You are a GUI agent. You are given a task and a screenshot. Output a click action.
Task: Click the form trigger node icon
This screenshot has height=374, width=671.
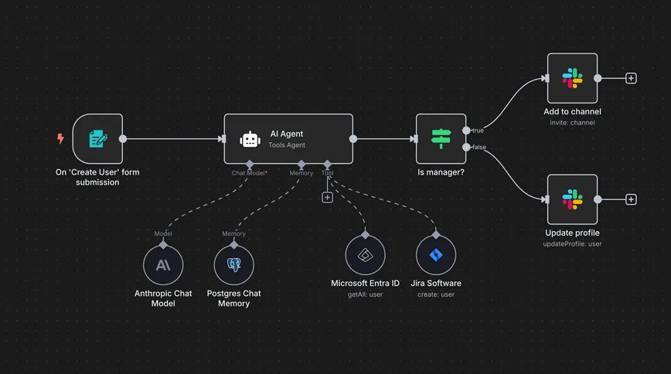(98, 139)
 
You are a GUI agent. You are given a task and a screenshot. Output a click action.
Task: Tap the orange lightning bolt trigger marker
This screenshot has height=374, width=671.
(61, 139)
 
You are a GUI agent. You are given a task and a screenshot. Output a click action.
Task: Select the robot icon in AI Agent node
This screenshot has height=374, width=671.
(249, 139)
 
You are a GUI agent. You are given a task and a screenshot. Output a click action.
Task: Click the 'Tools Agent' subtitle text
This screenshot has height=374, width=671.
(287, 145)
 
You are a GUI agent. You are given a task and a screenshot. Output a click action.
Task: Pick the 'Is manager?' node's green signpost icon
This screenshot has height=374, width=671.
(441, 139)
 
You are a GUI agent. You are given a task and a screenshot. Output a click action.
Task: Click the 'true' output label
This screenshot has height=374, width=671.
(479, 131)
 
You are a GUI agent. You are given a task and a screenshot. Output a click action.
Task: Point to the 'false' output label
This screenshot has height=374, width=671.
(479, 147)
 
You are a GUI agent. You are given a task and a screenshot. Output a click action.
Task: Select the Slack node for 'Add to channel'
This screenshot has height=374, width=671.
(572, 78)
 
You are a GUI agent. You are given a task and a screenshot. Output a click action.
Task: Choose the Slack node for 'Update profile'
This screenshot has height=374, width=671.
(572, 199)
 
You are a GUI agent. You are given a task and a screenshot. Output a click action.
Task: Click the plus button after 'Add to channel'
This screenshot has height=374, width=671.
(631, 78)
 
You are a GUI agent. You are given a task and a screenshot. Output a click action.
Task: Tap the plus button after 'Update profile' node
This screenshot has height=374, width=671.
(631, 199)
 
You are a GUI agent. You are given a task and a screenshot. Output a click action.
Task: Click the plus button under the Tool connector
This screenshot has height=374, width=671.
(327, 198)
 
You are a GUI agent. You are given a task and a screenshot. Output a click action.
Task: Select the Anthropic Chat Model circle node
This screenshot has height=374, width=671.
(163, 266)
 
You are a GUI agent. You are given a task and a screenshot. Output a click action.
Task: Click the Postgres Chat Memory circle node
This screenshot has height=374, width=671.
(233, 266)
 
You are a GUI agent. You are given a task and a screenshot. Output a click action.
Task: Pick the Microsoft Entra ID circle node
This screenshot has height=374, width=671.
(365, 255)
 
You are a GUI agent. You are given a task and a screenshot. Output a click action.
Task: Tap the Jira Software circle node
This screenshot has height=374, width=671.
(435, 255)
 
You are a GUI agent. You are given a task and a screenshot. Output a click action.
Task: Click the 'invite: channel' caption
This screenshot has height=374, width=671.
(572, 123)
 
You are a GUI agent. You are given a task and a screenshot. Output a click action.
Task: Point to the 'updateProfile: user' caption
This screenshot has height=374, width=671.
(572, 244)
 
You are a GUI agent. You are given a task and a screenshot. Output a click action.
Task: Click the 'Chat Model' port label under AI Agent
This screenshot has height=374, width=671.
(249, 173)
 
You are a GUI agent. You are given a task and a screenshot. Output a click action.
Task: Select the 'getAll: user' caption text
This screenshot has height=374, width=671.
(365, 294)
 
